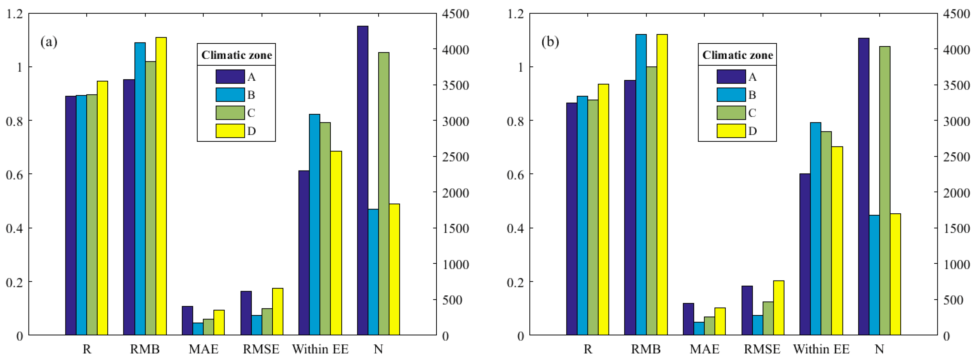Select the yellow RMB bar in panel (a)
[161, 186]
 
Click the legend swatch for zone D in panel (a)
[230, 131]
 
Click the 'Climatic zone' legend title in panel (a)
[236, 55]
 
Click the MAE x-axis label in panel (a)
[203, 349]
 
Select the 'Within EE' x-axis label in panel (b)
[821, 349]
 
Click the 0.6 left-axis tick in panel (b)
[515, 175]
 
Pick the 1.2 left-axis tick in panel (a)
[14, 14]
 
